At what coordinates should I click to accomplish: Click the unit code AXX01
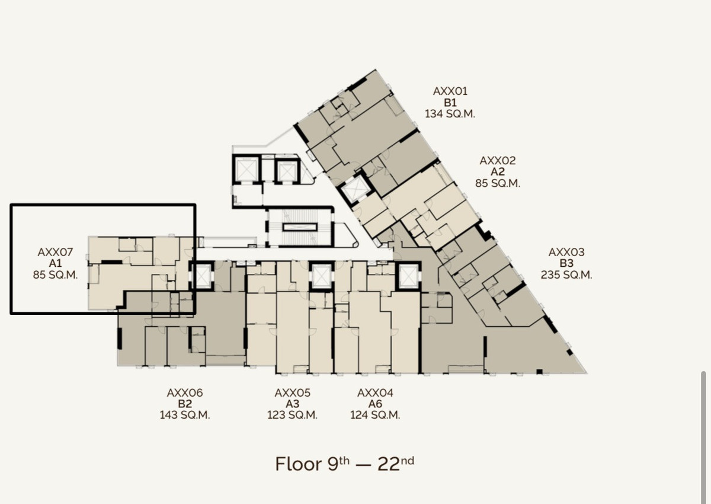coord(450,91)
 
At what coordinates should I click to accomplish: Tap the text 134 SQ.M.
coord(450,114)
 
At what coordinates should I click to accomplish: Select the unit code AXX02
coord(497,161)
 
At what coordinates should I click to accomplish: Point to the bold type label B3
coord(566,263)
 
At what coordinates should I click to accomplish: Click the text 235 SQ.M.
coord(566,275)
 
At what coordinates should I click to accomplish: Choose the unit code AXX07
coord(55,252)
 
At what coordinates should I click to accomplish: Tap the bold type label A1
coord(55,263)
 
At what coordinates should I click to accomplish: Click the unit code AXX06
coord(185,393)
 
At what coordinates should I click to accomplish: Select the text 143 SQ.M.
coord(185,415)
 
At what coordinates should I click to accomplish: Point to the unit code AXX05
coord(292,393)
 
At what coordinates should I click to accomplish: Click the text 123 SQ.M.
coord(292,415)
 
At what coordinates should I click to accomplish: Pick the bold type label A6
coord(375,404)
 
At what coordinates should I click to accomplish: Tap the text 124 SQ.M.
coord(375,415)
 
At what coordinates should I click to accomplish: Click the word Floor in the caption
coord(299,464)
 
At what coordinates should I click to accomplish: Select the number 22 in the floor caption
coord(389,465)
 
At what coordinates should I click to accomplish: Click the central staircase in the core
coord(300,227)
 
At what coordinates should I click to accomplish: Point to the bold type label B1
coord(450,103)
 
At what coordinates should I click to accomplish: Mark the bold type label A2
coord(497,172)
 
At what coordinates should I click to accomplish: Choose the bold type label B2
coord(185,404)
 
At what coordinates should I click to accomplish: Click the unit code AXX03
coord(566,252)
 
